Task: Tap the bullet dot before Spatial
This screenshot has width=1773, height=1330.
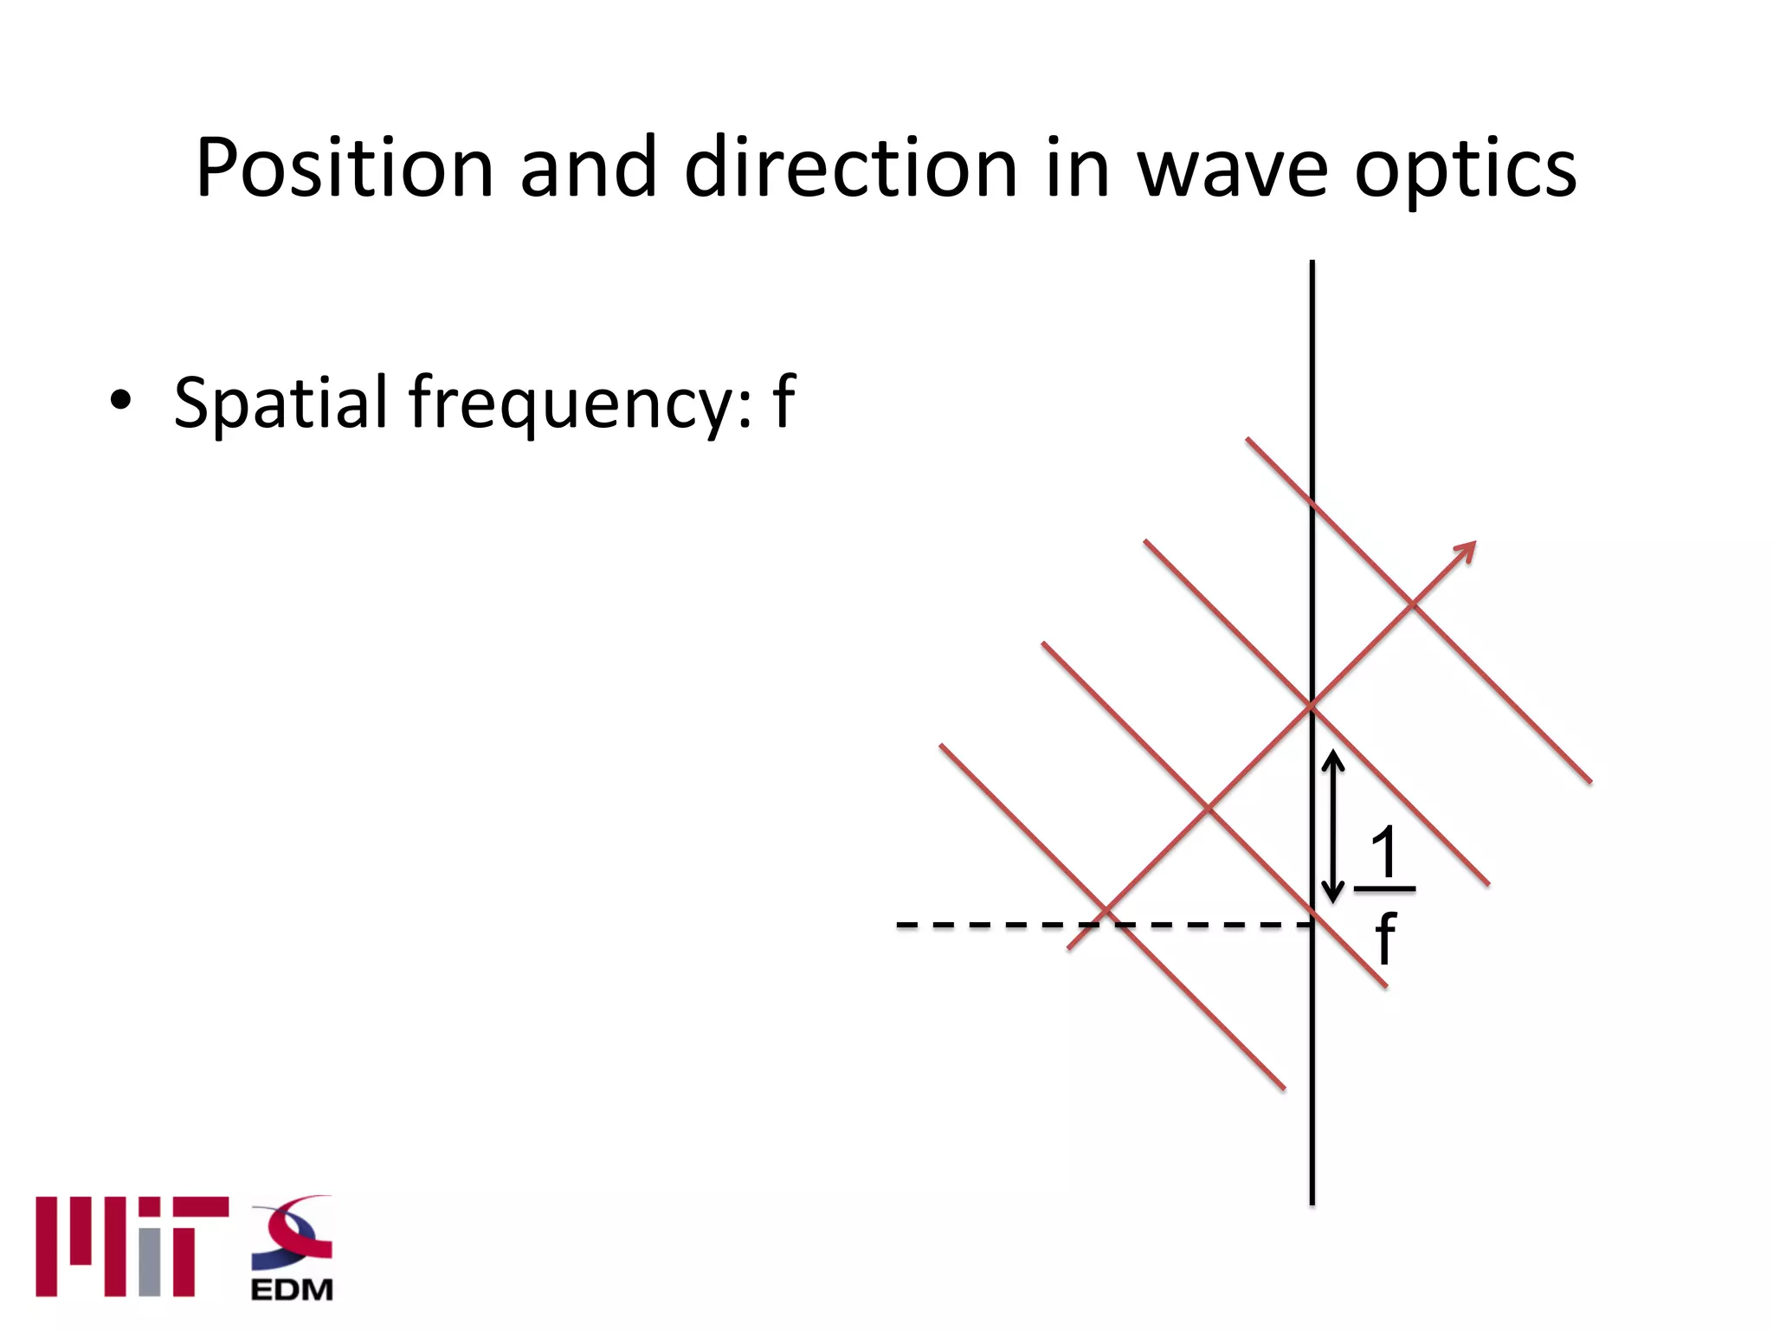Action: tap(121, 400)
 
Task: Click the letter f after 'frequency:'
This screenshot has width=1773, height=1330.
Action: tap(784, 400)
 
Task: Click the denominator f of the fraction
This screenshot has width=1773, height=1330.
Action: tap(1385, 938)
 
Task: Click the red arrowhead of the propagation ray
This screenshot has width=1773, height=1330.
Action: tap(1466, 551)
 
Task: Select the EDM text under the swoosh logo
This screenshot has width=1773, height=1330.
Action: tap(292, 1289)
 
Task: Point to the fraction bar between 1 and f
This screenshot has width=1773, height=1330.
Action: tap(1384, 888)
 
